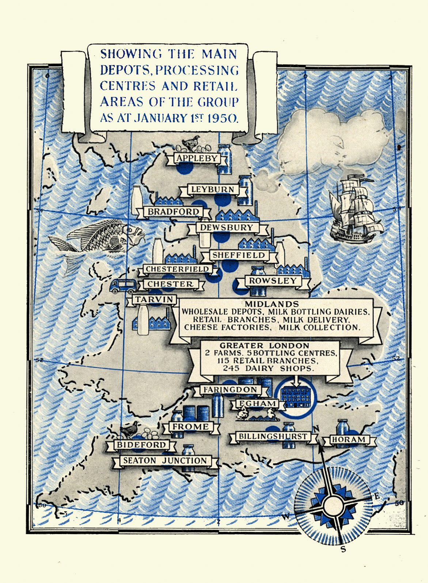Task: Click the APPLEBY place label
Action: click(x=197, y=158)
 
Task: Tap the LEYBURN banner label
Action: click(x=213, y=190)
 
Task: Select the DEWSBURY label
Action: click(x=226, y=228)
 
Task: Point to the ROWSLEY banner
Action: click(x=273, y=281)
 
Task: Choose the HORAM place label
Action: click(x=348, y=439)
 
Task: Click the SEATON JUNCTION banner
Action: click(x=165, y=461)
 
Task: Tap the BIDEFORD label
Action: click(x=141, y=445)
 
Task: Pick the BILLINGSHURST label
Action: click(x=273, y=437)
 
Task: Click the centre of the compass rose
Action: click(x=334, y=506)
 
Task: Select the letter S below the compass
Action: click(x=343, y=549)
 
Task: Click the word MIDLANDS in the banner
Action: click(x=272, y=304)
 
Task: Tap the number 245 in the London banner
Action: click(x=231, y=368)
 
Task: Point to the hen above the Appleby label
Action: click(x=192, y=143)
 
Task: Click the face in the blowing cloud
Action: click(x=338, y=148)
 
